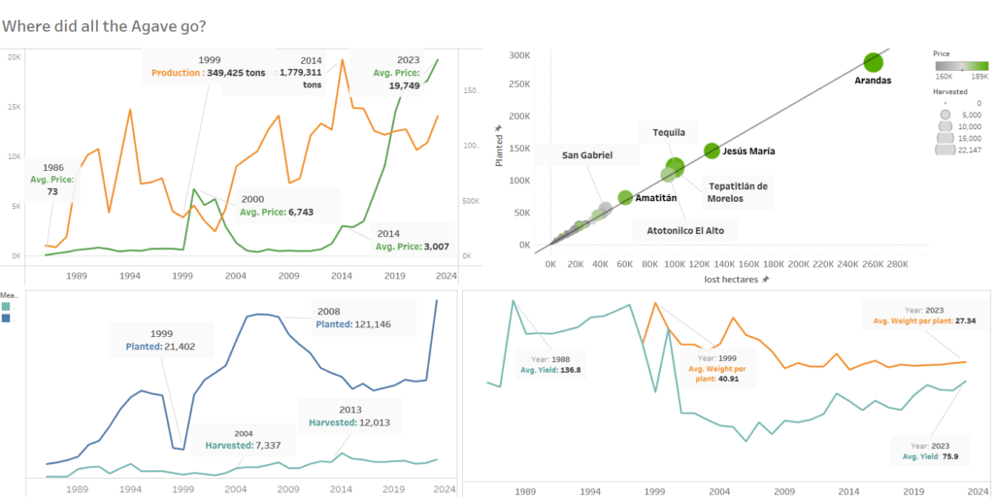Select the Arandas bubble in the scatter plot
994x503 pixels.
(873, 62)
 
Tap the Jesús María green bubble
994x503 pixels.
(712, 151)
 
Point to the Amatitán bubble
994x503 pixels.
(625, 197)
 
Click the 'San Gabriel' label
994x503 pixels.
(587, 155)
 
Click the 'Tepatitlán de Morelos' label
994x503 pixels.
(738, 192)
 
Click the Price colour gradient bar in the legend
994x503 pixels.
(961, 66)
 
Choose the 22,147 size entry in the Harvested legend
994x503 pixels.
(947, 150)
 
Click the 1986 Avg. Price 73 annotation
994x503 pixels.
(52, 179)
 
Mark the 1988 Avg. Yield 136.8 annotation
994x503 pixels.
(556, 362)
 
